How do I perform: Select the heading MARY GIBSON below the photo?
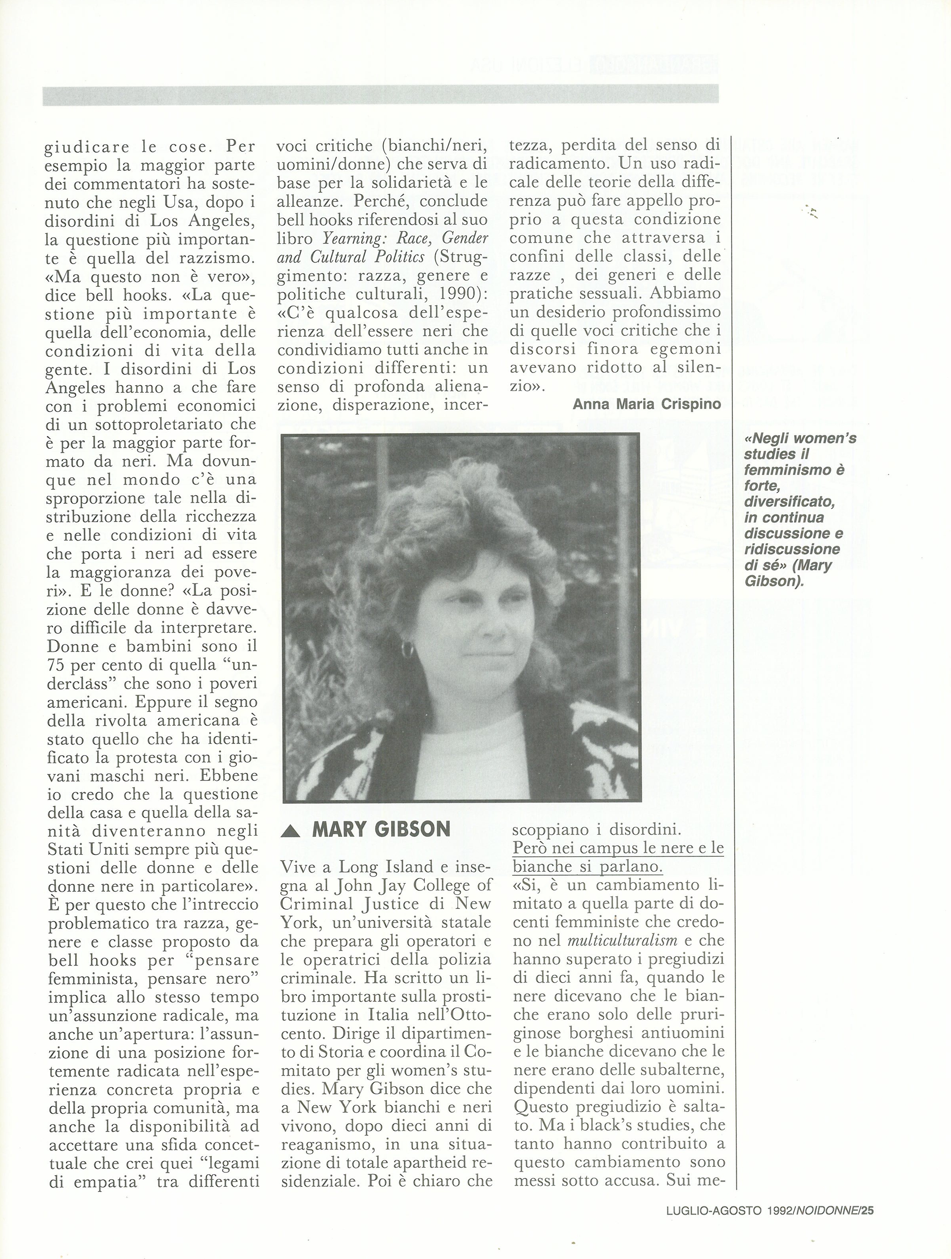tap(381, 830)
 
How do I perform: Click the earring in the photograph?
tap(407, 648)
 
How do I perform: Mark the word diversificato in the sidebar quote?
tap(789, 502)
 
